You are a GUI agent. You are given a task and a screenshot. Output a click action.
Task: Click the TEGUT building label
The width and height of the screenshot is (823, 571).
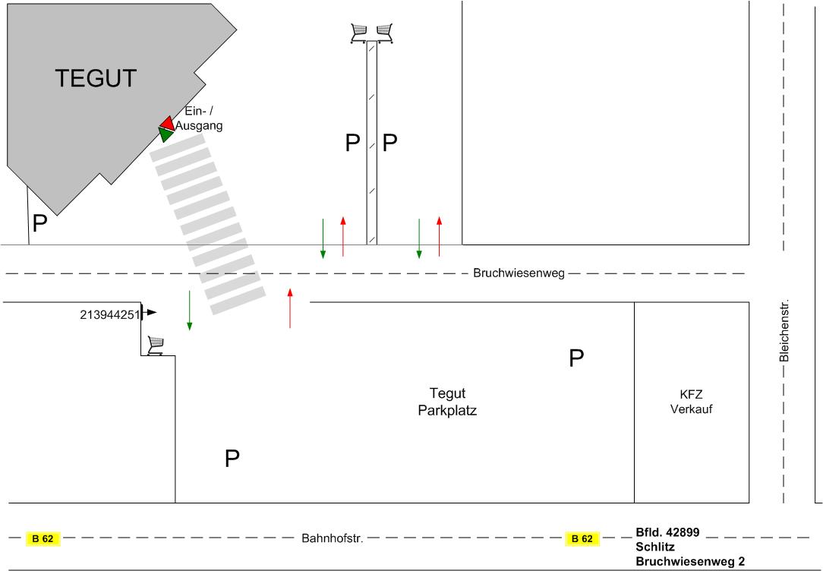pos(96,78)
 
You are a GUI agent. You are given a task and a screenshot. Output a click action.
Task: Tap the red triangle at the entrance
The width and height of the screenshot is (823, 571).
pos(167,122)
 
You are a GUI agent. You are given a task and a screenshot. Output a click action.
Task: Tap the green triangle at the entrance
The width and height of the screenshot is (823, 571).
pos(166,135)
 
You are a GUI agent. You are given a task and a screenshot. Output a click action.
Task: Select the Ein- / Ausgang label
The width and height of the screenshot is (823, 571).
pos(199,119)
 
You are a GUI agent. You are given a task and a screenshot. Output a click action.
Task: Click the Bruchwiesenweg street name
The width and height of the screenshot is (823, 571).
pos(519,273)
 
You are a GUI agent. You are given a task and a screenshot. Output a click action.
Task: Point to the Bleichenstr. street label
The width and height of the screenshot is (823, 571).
pos(784,330)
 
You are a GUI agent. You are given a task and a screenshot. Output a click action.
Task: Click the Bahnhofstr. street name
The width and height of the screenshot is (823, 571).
pos(333,539)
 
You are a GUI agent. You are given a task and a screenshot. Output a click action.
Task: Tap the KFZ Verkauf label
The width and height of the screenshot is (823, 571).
pos(691,402)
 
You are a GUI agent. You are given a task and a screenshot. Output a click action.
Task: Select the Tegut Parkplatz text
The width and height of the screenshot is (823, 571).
pos(447,402)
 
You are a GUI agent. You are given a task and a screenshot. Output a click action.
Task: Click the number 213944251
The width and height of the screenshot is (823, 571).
pos(109,313)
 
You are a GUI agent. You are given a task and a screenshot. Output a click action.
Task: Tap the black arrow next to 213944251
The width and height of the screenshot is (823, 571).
pos(151,312)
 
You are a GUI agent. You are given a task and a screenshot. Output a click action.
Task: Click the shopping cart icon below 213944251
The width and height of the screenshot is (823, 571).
pos(156,345)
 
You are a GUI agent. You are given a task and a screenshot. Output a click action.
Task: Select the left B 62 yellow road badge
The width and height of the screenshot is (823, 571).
pos(43,539)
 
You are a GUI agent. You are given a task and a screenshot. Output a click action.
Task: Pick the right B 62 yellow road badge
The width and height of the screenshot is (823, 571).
pos(582,539)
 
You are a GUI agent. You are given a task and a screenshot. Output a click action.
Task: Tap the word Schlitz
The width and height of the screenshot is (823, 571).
pos(655,547)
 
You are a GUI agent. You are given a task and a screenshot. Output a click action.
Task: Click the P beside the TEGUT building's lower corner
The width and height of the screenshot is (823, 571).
pos(39,224)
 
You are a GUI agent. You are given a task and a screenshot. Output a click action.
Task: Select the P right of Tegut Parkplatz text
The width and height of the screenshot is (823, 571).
pos(577,358)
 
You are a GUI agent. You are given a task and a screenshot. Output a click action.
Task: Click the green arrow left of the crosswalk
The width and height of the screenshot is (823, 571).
pos(189,309)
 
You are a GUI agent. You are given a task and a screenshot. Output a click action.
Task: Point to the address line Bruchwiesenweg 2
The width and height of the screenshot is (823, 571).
pos(690,562)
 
